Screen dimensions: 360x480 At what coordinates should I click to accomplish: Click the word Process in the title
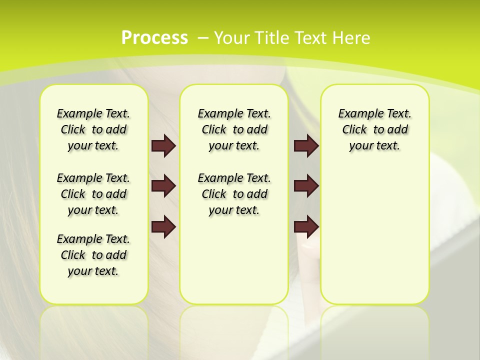pos(154,38)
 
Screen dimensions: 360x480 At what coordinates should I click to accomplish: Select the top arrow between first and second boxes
pos(163,145)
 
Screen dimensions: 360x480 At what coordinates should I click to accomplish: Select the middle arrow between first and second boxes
pos(163,186)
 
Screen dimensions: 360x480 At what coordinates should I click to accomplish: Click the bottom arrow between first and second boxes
pos(163,226)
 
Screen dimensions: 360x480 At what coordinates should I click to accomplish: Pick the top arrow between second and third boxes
pos(306,145)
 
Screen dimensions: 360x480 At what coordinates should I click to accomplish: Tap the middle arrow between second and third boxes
pos(306,186)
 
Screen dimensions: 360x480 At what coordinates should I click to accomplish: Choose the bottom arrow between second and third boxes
pos(306,226)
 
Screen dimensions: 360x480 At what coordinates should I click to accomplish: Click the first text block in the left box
pos(93,129)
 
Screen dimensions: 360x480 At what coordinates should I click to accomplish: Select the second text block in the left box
pos(93,194)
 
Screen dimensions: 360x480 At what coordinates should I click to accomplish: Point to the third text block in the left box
pos(93,255)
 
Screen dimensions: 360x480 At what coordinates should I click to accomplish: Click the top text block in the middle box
pos(234,129)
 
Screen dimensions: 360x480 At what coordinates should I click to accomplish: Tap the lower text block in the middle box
pos(234,194)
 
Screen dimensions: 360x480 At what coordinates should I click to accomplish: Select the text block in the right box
pos(374,129)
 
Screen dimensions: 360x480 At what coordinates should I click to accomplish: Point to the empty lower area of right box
pos(374,235)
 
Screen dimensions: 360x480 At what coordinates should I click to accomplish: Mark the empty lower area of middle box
pos(234,260)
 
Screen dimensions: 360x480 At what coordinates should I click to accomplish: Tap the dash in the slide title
pos(203,38)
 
